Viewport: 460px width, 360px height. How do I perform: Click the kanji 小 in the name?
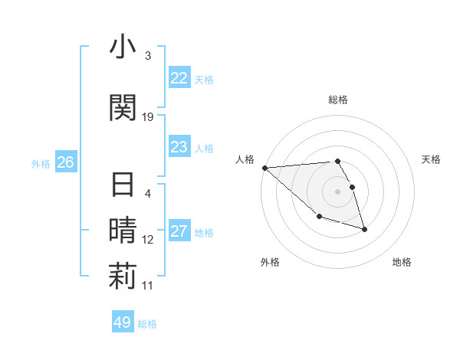(123, 47)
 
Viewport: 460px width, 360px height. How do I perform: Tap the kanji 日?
(123, 186)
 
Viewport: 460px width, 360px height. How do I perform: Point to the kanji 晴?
(123, 230)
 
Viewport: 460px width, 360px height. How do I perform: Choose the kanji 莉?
(123, 277)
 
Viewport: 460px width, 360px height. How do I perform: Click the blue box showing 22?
(179, 78)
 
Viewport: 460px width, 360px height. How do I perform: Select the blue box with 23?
(179, 147)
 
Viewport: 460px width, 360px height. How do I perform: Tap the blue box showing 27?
(179, 232)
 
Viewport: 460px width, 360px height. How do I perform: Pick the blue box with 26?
(66, 162)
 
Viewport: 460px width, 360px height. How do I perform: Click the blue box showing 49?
(123, 322)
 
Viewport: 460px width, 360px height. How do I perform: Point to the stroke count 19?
(148, 116)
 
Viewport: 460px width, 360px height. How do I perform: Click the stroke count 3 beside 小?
(148, 56)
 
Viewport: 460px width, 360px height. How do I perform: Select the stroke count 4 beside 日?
(148, 194)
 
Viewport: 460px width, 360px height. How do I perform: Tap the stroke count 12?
(148, 240)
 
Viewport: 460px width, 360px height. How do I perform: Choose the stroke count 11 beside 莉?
(148, 286)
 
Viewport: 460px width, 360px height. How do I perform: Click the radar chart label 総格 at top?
(337, 100)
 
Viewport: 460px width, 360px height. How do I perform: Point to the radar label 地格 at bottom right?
(402, 262)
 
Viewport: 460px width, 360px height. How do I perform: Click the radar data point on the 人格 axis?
(264, 168)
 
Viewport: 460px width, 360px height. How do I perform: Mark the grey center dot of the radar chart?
(337, 191)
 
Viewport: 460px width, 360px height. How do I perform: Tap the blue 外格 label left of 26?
(41, 163)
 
